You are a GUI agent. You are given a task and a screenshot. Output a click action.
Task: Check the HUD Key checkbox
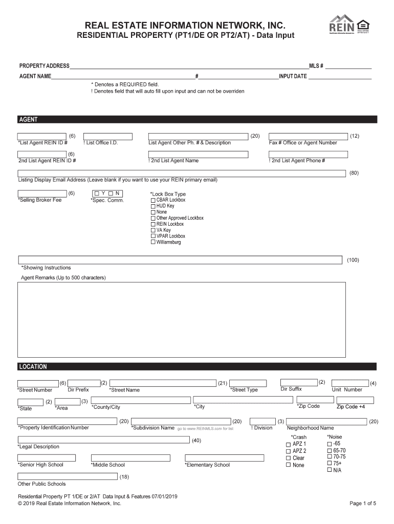(152, 206)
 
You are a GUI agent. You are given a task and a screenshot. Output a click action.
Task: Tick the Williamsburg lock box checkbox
(152, 242)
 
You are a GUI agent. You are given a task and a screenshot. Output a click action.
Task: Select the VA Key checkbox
(152, 230)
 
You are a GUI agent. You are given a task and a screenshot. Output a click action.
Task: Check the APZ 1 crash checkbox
(288, 444)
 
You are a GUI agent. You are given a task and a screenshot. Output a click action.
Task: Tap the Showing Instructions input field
(180, 259)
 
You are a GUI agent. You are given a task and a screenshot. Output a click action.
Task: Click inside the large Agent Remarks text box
(197, 320)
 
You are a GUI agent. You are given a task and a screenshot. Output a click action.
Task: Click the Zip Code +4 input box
(351, 400)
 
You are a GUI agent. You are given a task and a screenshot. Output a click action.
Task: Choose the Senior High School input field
(47, 457)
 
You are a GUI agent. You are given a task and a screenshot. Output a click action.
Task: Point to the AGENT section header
(28, 119)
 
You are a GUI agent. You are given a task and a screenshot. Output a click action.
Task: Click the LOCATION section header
(33, 366)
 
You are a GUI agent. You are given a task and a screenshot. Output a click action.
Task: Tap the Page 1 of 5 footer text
(363, 504)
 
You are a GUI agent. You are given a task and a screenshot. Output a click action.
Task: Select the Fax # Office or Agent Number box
(308, 136)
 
